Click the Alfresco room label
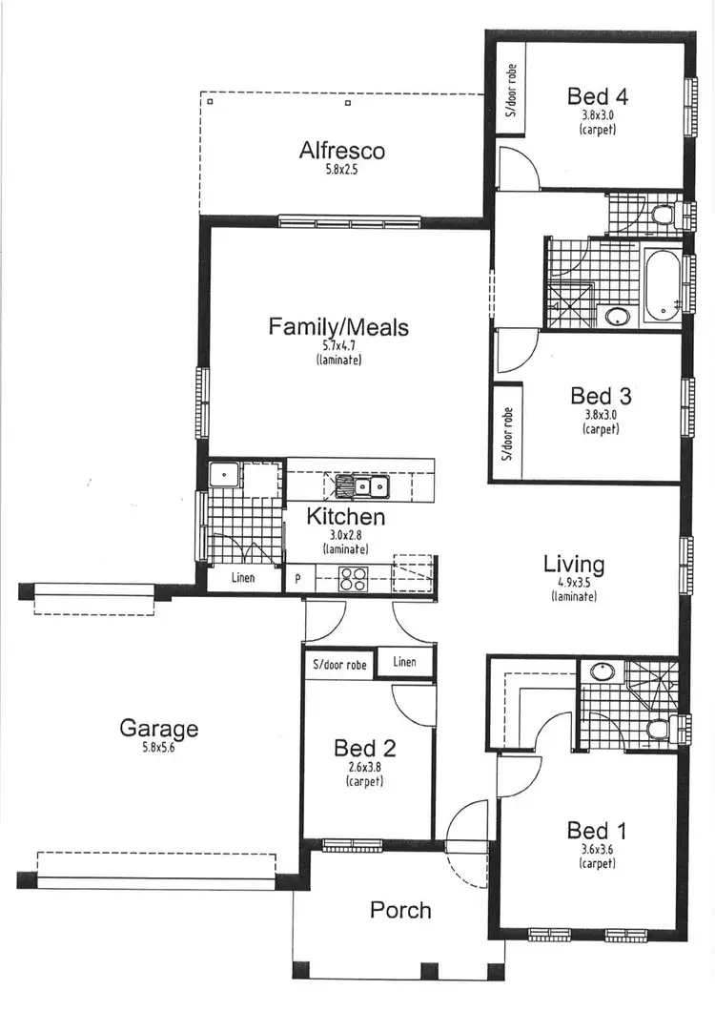click(341, 151)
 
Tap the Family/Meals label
click(338, 327)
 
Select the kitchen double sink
click(360, 487)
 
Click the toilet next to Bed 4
click(661, 215)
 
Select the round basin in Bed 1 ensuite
click(603, 671)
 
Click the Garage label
click(158, 729)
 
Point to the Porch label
click(400, 910)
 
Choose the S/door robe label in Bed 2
click(338, 664)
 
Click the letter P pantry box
click(298, 578)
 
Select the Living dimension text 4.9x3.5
click(574, 583)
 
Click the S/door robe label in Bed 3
click(507, 434)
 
